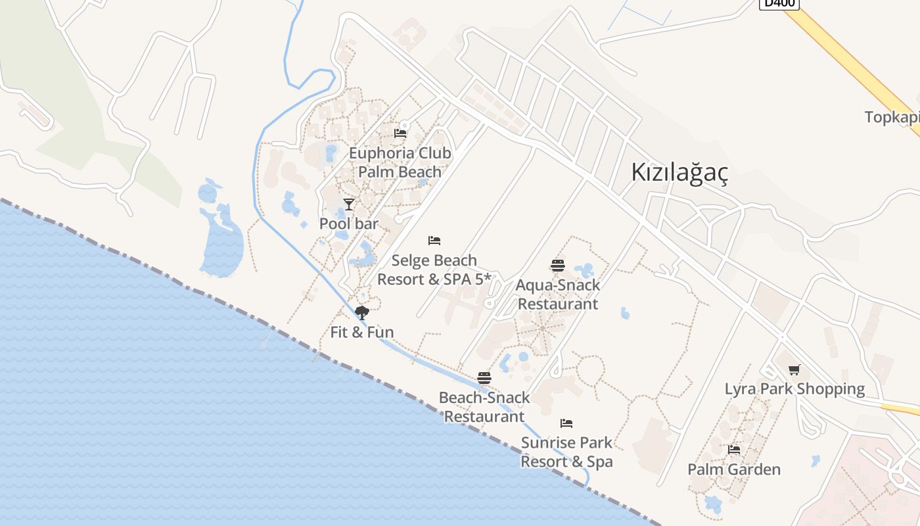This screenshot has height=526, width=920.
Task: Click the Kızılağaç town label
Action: [679, 172]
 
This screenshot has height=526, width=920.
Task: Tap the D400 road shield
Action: [779, 3]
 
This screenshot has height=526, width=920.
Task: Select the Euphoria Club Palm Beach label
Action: [400, 162]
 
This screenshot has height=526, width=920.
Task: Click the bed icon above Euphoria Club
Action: [400, 133]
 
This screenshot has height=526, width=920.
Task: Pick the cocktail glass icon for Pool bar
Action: [349, 204]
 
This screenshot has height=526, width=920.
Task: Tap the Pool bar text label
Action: [349, 224]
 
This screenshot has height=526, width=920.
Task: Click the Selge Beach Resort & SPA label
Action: [434, 270]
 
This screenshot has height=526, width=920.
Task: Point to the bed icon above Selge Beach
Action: [434, 241]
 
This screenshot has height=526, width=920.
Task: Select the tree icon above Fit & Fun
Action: [361, 312]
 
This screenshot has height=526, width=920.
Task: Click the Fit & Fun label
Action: [362, 332]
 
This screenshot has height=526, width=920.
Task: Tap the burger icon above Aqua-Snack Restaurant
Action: [558, 266]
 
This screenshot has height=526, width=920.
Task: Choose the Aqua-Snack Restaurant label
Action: [558, 295]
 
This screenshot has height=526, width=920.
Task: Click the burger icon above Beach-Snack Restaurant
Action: [484, 378]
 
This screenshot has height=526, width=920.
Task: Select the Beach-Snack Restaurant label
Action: [484, 407]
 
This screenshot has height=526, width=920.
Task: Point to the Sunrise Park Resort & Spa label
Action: [566, 452]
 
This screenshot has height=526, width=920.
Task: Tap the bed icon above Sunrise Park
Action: [566, 423]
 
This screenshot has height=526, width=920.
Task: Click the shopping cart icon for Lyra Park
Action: [794, 370]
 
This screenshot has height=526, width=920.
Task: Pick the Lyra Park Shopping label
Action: [794, 389]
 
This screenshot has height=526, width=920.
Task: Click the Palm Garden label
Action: [734, 469]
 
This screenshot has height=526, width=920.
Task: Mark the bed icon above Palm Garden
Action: [734, 450]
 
